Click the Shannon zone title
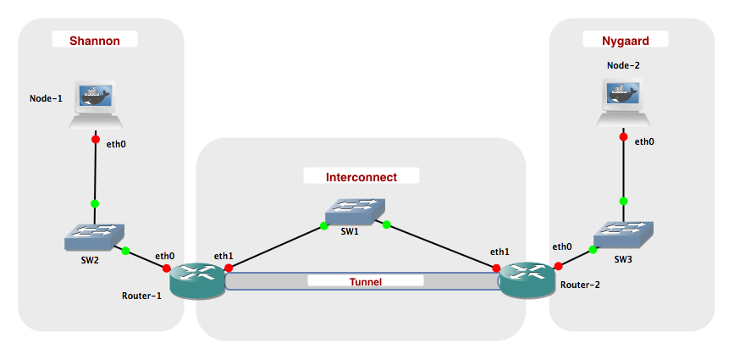(94, 40)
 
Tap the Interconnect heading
(361, 176)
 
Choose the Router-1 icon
(197, 280)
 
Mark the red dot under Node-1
(95, 141)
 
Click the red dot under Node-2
(624, 136)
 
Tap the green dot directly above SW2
(95, 203)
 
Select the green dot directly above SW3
(624, 201)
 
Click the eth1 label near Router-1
(224, 254)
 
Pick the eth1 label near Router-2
(499, 252)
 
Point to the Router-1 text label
(141, 296)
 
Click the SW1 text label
(350, 231)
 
